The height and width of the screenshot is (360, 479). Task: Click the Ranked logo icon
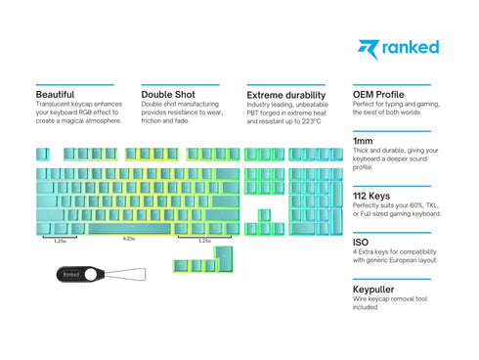[x=366, y=47]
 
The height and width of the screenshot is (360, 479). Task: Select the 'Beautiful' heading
[x=56, y=95]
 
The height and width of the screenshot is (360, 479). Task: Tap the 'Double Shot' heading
[x=169, y=95]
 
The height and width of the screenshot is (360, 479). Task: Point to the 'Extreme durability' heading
[x=285, y=95]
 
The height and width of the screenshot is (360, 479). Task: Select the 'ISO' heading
[x=360, y=241]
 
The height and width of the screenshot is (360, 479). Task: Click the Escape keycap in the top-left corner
[x=44, y=154]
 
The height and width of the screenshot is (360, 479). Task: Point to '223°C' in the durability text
[x=308, y=120]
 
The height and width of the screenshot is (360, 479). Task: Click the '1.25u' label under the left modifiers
[x=60, y=240]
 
